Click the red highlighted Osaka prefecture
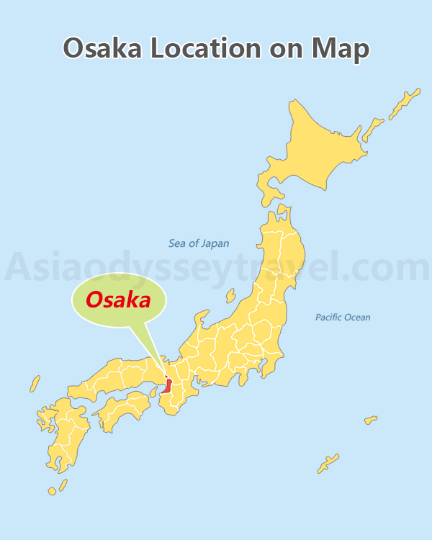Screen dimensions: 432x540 tap(167, 384)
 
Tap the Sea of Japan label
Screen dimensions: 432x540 tap(199, 243)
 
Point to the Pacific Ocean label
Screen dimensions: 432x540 tap(343, 317)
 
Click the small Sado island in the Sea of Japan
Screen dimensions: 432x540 tap(230, 294)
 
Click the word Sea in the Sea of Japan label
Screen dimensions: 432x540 tap(177, 243)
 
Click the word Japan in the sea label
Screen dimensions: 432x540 tap(215, 243)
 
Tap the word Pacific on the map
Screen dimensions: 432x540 tap(328, 317)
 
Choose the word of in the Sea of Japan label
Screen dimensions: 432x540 tap(194, 243)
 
